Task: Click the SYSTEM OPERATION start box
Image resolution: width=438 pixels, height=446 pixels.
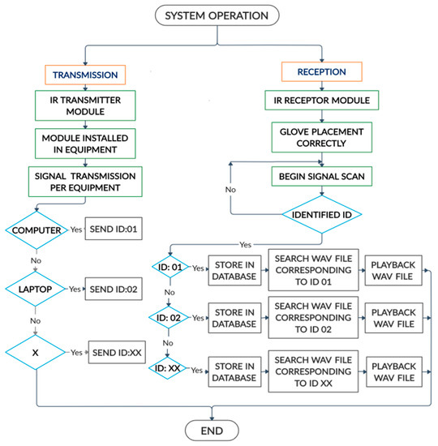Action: pos(217,15)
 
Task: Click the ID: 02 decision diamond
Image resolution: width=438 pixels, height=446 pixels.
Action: pos(170,318)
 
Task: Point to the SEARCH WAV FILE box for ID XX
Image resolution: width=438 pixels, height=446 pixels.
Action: pos(312,370)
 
